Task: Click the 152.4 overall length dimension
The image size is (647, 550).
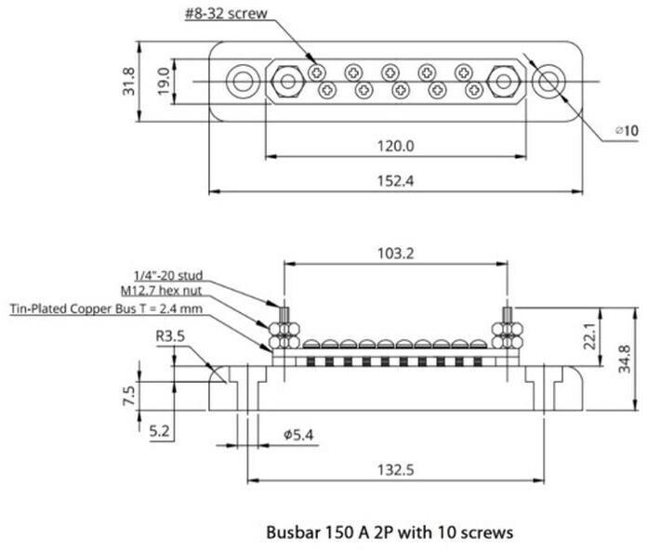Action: [397, 181]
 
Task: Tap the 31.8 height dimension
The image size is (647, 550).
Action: [129, 81]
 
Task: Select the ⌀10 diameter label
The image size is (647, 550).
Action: [627, 132]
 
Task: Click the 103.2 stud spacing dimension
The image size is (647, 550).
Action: [396, 252]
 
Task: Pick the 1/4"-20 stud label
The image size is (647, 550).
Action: [168, 276]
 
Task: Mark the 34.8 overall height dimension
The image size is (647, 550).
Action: [625, 358]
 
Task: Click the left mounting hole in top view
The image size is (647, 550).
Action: [244, 81]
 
